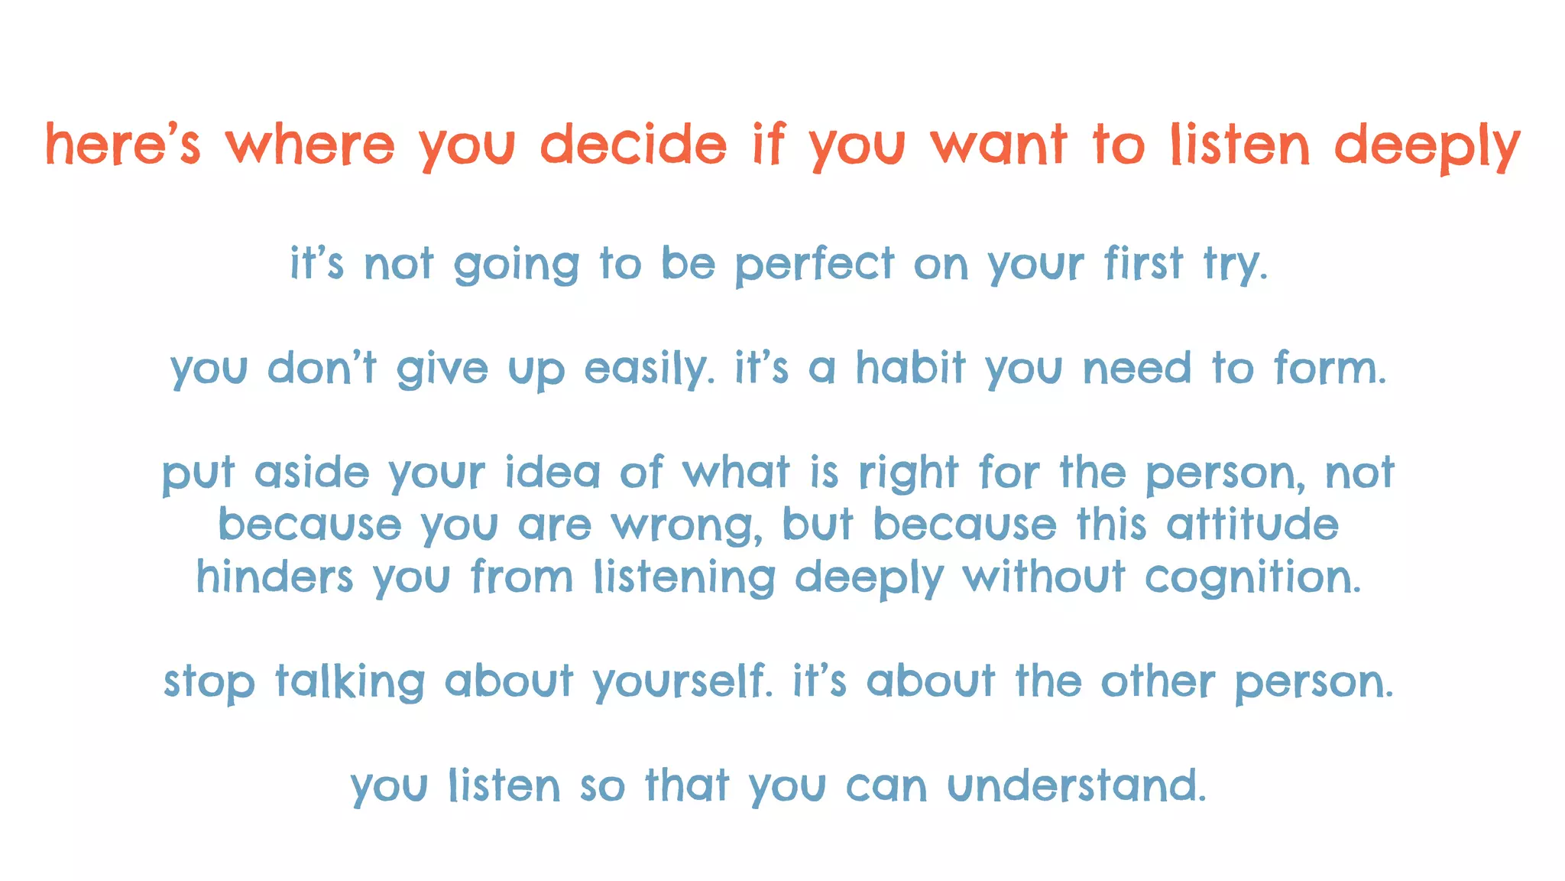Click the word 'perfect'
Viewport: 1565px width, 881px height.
point(814,265)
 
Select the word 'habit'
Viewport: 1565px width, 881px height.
point(910,368)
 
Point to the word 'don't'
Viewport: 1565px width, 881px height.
point(322,368)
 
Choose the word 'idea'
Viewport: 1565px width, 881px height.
point(552,472)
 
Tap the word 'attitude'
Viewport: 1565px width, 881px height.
point(1252,525)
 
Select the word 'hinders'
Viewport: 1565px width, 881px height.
point(274,577)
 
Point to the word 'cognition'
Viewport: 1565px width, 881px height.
point(1252,578)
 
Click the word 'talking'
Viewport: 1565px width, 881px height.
point(350,681)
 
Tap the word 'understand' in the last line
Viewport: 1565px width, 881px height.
point(1076,785)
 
